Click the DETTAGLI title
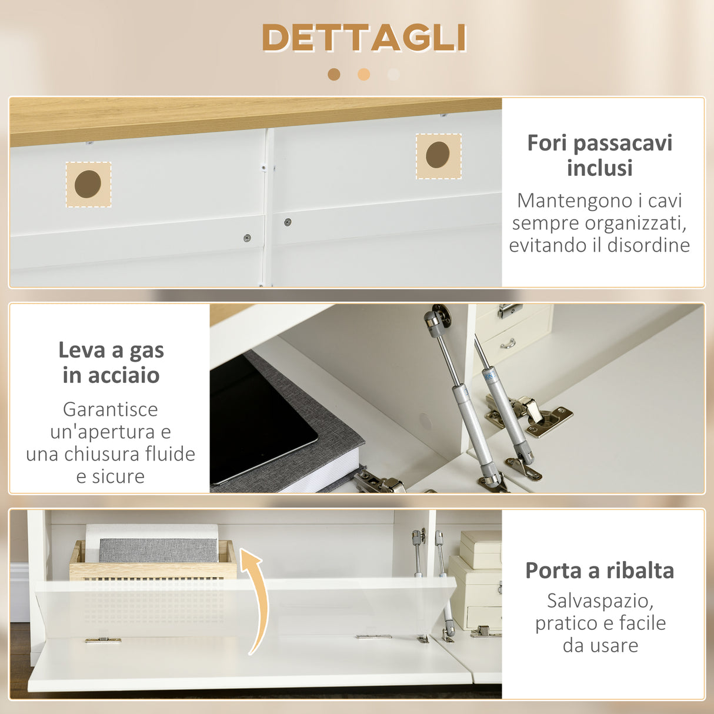pyautogui.click(x=364, y=38)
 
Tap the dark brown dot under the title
pyautogui.click(x=334, y=74)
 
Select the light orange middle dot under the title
pyautogui.click(x=364, y=74)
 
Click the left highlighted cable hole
pyautogui.click(x=88, y=184)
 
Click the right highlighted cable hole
pyautogui.click(x=438, y=155)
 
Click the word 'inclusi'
pyautogui.click(x=599, y=168)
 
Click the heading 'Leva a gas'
pyautogui.click(x=111, y=351)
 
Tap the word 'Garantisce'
pyautogui.click(x=111, y=409)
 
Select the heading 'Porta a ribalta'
pyautogui.click(x=599, y=570)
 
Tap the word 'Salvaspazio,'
pyautogui.click(x=600, y=600)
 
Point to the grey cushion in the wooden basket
pyautogui.click(x=158, y=550)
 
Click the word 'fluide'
pyautogui.click(x=170, y=454)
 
